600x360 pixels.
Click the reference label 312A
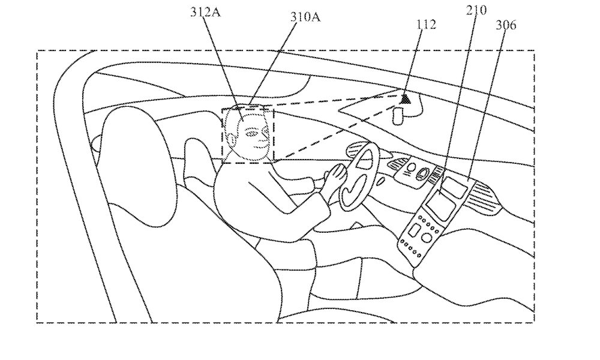[205, 12]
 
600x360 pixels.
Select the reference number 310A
[305, 17]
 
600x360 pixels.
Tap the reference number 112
[426, 25]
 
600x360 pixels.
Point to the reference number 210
[476, 10]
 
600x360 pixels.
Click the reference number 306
[506, 25]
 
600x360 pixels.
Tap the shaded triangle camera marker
[405, 99]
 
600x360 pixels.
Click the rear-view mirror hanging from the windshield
[398, 116]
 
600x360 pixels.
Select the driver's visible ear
[232, 139]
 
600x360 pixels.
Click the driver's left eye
[251, 134]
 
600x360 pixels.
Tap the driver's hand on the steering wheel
[335, 175]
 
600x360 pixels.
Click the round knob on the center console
[425, 238]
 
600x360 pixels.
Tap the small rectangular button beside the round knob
[413, 230]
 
